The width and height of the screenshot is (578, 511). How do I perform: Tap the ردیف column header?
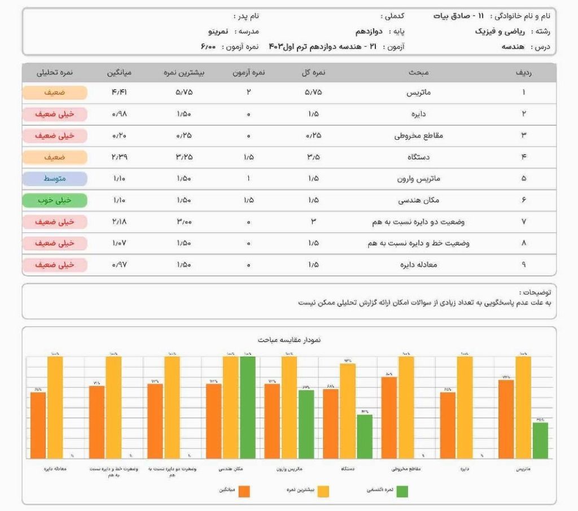[524, 73]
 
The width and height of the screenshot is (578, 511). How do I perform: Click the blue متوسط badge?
[55, 179]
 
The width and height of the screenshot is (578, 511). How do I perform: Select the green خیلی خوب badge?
[55, 200]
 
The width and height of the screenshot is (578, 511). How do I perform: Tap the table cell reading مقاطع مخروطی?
[419, 135]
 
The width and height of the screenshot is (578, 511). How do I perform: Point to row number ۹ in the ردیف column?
[524, 265]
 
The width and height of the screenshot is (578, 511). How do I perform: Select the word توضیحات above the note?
[535, 292]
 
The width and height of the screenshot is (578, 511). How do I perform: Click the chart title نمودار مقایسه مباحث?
[289, 340]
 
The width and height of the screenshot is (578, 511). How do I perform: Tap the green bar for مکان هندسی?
[248, 407]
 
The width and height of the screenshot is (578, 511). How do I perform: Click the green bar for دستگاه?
[365, 436]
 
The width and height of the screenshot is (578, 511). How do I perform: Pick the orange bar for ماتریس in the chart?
[506, 419]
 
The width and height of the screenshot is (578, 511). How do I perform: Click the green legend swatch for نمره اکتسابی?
[402, 491]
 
